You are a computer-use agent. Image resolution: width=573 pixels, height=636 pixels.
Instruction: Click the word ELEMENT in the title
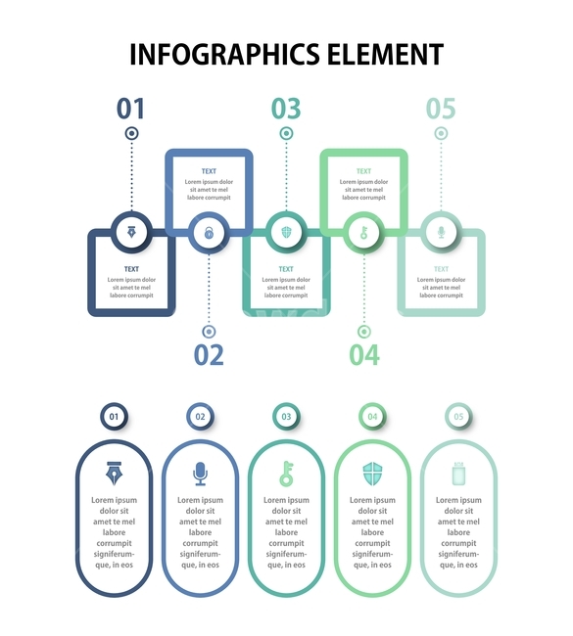[x=385, y=55]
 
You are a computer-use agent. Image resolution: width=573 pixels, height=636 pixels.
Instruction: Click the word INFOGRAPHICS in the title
[x=224, y=55]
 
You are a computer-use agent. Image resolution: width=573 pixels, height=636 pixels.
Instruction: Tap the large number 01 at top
[x=131, y=109]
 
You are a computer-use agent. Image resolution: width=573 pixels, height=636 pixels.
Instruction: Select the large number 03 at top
[x=286, y=109]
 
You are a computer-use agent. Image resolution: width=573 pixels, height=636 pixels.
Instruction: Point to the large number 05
[x=441, y=109]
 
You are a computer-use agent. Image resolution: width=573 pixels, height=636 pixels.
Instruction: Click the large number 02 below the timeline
[x=209, y=355]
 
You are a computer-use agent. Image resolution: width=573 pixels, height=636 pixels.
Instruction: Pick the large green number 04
[x=364, y=355]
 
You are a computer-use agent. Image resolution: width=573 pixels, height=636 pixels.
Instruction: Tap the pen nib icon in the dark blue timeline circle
[x=131, y=233]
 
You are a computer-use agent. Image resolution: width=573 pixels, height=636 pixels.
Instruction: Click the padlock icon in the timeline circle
[x=209, y=233]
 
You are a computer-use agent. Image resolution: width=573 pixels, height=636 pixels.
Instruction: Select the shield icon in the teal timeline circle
[x=286, y=233]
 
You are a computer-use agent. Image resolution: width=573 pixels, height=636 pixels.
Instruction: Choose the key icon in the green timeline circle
[x=363, y=233]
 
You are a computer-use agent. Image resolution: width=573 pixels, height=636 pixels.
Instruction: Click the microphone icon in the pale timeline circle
[x=442, y=233]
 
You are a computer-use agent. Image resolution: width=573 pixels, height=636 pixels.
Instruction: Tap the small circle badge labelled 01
[x=115, y=416]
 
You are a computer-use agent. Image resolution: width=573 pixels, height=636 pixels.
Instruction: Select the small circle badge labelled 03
[x=286, y=416]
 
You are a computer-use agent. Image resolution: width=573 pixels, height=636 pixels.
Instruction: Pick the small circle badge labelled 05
[x=458, y=416]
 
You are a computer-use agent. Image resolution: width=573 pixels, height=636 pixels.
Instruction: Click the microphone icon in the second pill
[x=200, y=474]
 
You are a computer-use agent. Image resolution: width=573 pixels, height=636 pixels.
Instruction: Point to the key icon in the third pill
[x=286, y=474]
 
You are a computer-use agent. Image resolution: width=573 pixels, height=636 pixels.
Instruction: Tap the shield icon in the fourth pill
[x=372, y=474]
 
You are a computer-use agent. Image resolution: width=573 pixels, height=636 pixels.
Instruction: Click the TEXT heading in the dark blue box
[x=131, y=269]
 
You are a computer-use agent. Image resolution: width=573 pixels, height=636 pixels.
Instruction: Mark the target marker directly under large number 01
[x=131, y=133]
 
